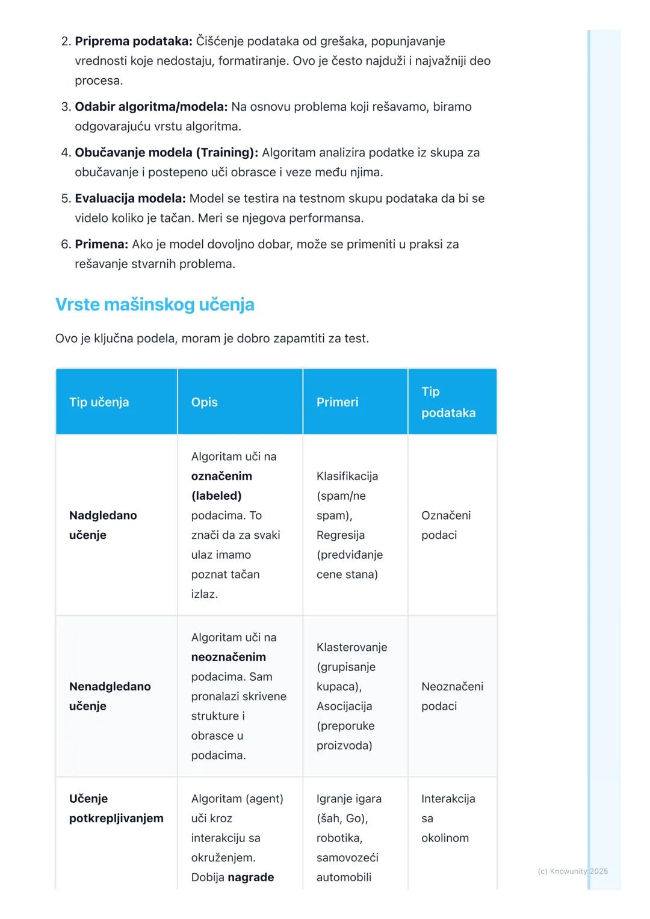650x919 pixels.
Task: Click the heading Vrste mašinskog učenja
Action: pos(155,304)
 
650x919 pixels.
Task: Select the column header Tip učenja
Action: pos(99,402)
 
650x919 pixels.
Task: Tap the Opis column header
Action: pos(205,402)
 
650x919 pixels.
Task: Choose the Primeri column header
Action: pos(337,402)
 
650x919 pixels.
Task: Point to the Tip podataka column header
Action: pos(448,402)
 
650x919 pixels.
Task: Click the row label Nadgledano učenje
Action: pos(103,525)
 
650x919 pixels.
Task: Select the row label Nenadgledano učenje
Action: pos(110,696)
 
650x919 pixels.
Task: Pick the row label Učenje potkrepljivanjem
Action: pos(116,808)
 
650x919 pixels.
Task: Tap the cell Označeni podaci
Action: pos(446,525)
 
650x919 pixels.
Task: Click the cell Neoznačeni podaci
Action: pos(452,696)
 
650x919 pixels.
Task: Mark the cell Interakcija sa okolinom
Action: pos(448,818)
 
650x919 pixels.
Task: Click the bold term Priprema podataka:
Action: pos(134,41)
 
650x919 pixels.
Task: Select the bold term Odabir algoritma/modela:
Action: pos(151,107)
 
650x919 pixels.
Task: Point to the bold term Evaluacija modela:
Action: pos(130,198)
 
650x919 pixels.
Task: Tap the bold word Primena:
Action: pos(101,244)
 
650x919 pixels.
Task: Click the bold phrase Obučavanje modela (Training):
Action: pos(166,153)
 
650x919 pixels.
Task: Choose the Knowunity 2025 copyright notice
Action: pos(572,871)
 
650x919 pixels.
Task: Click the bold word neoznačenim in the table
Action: pos(228,657)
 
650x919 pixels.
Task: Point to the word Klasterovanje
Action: pos(351,647)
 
